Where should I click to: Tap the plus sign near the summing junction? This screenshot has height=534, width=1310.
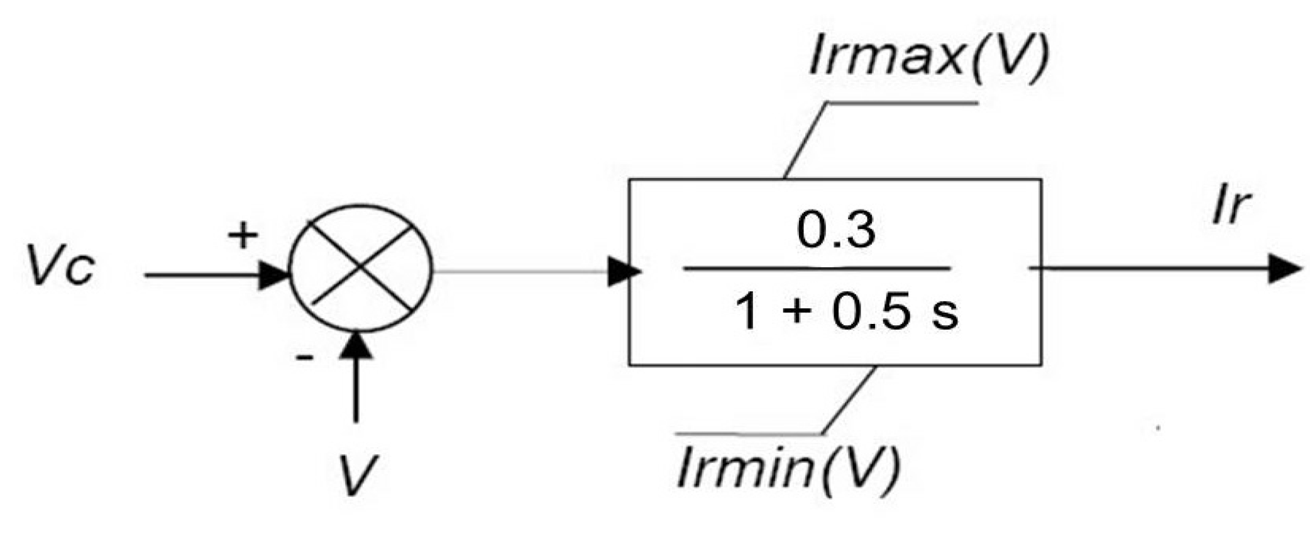coord(243,236)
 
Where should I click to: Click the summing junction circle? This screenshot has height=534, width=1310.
coord(360,267)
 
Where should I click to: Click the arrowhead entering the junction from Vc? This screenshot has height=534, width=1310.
coord(274,275)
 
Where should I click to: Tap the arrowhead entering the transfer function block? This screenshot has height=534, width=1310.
coord(624,272)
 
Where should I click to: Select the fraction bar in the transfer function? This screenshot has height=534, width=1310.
coord(817,269)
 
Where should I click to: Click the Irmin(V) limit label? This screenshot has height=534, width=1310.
coord(789,468)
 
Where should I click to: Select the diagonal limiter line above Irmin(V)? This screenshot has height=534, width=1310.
coord(849,401)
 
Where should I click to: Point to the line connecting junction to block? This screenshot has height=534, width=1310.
coord(522,272)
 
